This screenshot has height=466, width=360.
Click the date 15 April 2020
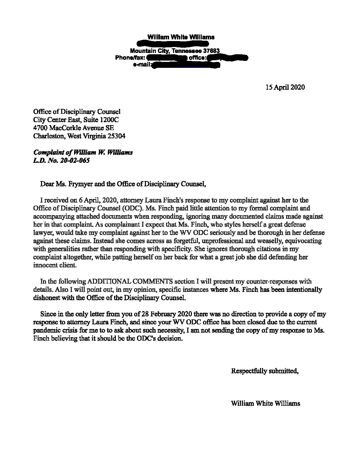285,87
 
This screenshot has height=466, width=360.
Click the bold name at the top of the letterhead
181,37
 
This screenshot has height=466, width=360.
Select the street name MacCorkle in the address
64,128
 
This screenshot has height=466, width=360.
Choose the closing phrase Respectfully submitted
265,371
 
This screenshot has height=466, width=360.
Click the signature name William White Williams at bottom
266,403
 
